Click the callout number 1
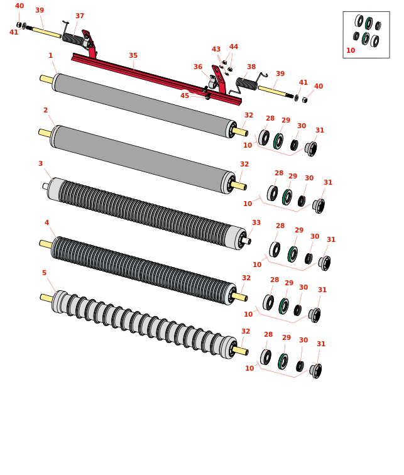pyautogui.click(x=50, y=55)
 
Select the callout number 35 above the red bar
pyautogui.click(x=133, y=55)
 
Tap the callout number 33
pyautogui.click(x=256, y=222)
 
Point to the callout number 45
pyautogui.click(x=185, y=96)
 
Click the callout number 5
pyautogui.click(x=44, y=273)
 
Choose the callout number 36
pyautogui.click(x=198, y=67)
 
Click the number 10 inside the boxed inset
pyautogui.click(x=351, y=51)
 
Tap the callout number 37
pyautogui.click(x=80, y=16)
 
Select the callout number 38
pyautogui.click(x=251, y=67)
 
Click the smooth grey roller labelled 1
pyautogui.click(x=144, y=105)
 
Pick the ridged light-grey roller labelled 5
pyautogui.click(x=144, y=325)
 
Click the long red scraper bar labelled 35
pyautogui.click(x=156, y=79)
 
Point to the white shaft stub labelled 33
pyautogui.click(x=246, y=241)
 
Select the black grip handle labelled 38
pyautogui.click(x=246, y=84)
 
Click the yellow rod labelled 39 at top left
pyautogui.click(x=47, y=33)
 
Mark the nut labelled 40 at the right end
pyautogui.click(x=305, y=100)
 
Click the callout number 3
pyautogui.click(x=41, y=163)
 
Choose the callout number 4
pyautogui.click(x=46, y=222)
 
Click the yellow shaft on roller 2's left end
pyautogui.click(x=45, y=133)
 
